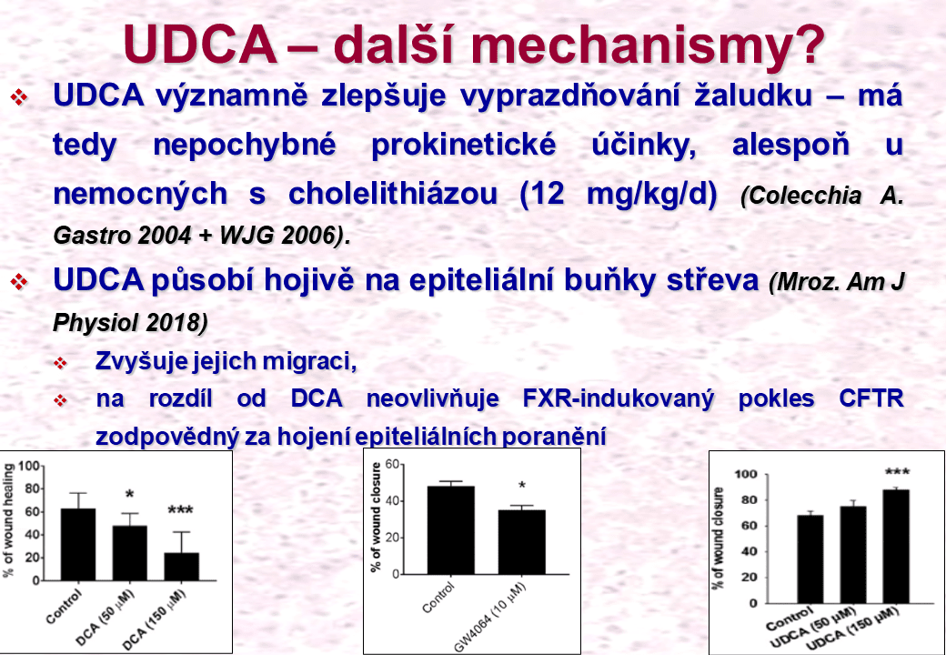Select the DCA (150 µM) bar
[182, 567]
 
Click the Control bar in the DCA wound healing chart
[78, 544]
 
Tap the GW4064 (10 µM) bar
[521, 541]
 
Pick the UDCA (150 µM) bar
[896, 547]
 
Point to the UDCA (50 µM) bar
[853, 554]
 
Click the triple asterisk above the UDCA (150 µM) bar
[897, 472]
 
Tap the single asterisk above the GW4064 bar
[522, 486]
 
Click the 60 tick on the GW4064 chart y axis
[392, 464]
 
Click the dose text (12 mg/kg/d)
[619, 195]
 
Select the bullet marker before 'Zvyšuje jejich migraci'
[60, 363]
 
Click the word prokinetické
[463, 146]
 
